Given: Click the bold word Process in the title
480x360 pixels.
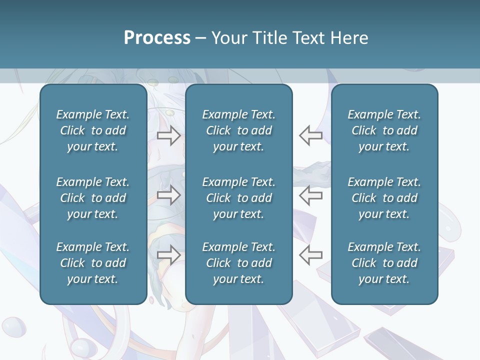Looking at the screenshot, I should [157, 38].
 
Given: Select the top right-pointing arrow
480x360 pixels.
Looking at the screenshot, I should [169, 135].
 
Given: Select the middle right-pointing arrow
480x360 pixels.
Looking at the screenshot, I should [169, 195].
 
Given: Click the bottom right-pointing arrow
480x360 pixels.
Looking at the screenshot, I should [169, 254].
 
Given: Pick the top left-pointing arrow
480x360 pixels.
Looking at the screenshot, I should [310, 135].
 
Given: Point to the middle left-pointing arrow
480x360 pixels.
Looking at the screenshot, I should [310, 195].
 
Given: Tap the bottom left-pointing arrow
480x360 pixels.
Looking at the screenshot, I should [310, 254].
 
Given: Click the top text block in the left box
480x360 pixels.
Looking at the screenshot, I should [93, 130].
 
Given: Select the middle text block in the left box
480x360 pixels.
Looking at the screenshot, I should [93, 198].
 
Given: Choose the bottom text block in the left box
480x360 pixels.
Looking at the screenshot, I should [93, 263].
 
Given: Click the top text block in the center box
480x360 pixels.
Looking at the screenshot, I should [238, 130].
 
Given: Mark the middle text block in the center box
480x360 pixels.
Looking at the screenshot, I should [238, 198].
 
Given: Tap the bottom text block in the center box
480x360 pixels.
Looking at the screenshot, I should [238, 263].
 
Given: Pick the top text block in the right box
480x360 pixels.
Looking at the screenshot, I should [384, 130].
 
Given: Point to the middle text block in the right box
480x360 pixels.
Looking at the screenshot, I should [384, 198].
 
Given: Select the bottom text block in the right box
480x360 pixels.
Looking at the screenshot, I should [384, 263].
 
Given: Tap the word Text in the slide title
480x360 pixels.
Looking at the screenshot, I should [309, 38].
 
